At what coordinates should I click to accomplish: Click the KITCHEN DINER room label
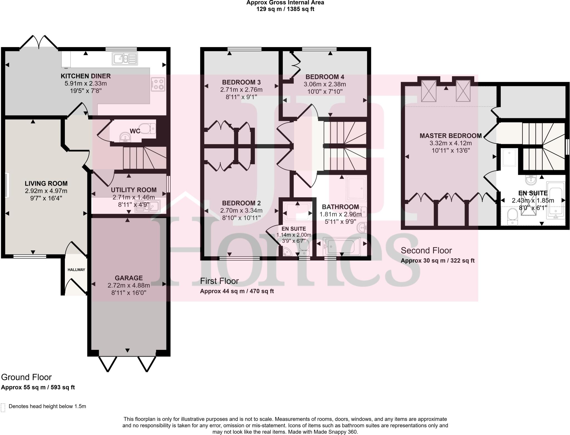click(x=86, y=76)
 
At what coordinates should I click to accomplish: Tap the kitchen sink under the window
click(x=125, y=59)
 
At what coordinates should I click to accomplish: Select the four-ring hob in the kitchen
click(x=158, y=84)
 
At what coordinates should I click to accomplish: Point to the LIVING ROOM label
click(x=46, y=183)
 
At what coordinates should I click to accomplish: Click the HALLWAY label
click(x=76, y=269)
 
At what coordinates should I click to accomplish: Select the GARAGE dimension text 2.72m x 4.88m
click(x=129, y=285)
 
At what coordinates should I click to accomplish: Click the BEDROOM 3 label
click(x=241, y=82)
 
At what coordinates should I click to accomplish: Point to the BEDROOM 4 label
click(x=325, y=77)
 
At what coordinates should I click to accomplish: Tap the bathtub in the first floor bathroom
click(x=341, y=246)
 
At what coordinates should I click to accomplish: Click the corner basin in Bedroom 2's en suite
click(x=286, y=252)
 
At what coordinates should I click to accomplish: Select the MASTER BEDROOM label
click(x=450, y=136)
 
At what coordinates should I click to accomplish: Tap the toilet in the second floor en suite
click(x=512, y=217)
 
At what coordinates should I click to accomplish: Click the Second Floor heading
click(x=426, y=250)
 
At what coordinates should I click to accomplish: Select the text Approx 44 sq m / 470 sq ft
click(x=237, y=291)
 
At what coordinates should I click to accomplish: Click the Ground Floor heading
click(x=26, y=377)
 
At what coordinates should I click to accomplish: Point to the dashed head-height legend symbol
click(x=3, y=407)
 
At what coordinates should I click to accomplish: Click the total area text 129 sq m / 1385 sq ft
click(x=285, y=9)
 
